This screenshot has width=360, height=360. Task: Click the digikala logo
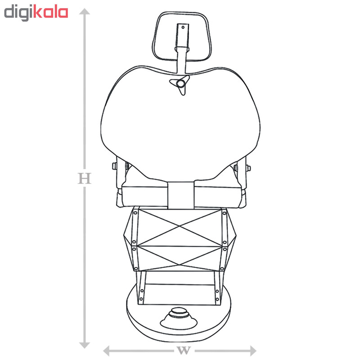pyautogui.click(x=36, y=13)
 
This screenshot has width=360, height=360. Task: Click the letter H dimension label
pyautogui.click(x=85, y=178)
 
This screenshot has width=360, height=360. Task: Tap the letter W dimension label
pyautogui.click(x=184, y=351)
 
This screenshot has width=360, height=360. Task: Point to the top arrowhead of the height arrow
pyautogui.click(x=85, y=12)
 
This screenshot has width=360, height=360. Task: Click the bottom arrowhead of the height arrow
pyautogui.click(x=85, y=345)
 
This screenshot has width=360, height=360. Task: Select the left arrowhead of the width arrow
pyautogui.click(x=106, y=351)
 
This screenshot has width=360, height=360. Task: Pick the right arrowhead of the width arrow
pyautogui.click(x=253, y=351)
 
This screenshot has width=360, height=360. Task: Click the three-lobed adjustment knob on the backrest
pyautogui.click(x=181, y=84)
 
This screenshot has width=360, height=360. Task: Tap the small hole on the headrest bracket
pyautogui.click(x=183, y=27)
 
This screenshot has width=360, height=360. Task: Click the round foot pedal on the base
pyautogui.click(x=179, y=318)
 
